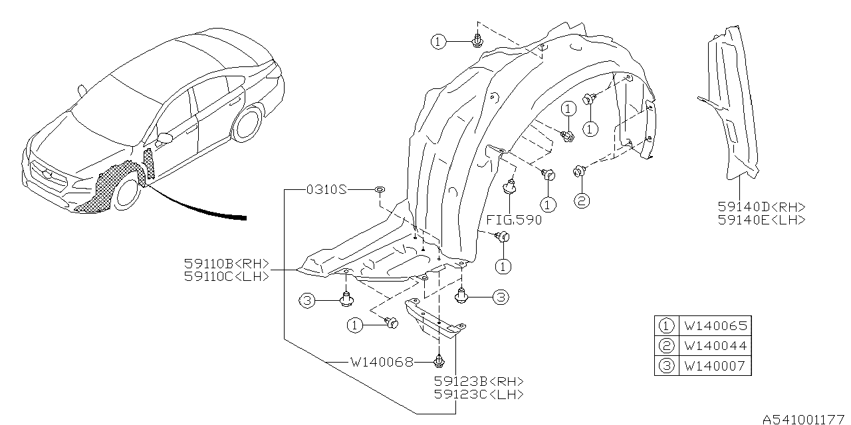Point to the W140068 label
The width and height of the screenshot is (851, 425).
382,362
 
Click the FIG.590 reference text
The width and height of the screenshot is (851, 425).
513,220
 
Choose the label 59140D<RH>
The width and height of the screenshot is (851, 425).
761,207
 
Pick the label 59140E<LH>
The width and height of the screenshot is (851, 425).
761,220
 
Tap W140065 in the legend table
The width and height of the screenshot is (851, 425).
715,326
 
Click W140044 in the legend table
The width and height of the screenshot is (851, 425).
715,346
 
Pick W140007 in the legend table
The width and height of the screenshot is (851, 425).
715,365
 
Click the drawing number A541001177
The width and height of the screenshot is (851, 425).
805,419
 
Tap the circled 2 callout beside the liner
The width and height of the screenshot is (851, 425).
581,200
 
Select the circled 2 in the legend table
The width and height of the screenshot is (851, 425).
666,346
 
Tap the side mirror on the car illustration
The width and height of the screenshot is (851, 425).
164,139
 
